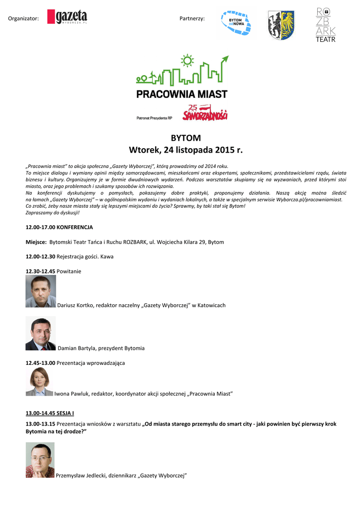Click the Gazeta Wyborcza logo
67,17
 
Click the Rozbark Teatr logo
326,25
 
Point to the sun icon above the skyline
187,61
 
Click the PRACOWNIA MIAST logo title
181,93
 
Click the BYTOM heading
185,138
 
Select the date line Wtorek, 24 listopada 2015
186,150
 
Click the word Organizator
23,18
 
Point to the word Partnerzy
192,18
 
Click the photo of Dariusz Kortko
41,291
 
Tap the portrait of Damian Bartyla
41,334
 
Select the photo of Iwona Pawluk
39,382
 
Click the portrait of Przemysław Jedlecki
40,460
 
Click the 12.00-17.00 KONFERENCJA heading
59,227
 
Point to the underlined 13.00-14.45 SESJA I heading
50,413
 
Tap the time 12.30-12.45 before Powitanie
40,271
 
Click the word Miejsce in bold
36,242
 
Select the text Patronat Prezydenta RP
154,118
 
